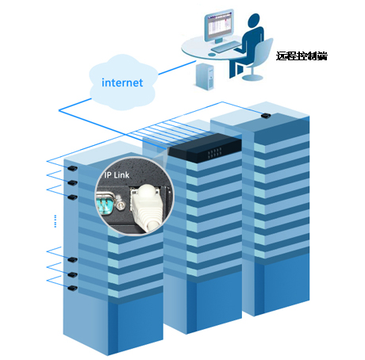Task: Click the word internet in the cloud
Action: [122, 82]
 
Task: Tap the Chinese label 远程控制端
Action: [302, 56]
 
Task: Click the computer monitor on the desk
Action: [219, 26]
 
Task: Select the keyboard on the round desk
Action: [225, 47]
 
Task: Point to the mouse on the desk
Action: [212, 55]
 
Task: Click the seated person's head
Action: [254, 21]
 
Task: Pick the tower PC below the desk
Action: [205, 77]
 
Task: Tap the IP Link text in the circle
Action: [117, 174]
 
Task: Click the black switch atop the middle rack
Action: [206, 147]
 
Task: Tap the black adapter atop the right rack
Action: [266, 116]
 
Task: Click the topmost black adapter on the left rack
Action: [72, 168]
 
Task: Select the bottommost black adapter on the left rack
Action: [72, 288]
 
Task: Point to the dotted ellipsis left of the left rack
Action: [56, 221]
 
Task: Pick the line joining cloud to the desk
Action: [177, 67]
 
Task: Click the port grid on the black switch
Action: [214, 152]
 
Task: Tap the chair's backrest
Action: [263, 52]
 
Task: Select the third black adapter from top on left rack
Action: [72, 197]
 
